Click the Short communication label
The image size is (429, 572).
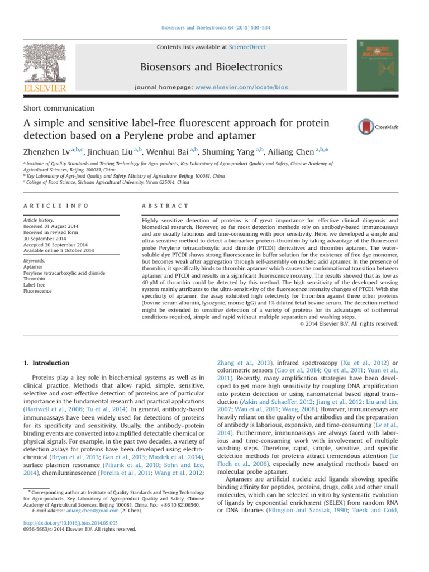click(58, 108)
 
